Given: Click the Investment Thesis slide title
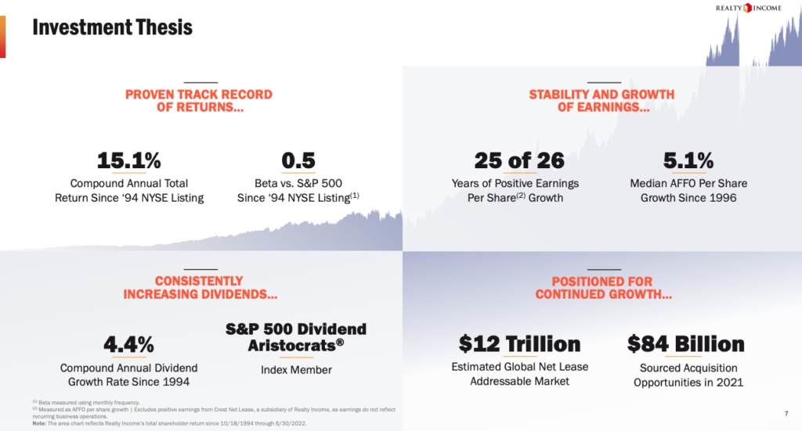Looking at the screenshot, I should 112,28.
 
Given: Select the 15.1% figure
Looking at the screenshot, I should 129,161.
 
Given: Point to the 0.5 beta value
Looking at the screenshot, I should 298,161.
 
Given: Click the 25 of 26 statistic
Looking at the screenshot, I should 519,161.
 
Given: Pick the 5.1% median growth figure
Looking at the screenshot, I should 688,161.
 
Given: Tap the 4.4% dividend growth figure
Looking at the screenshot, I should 128,344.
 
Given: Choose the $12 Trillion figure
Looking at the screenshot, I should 519,344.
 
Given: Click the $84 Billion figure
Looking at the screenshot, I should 686,344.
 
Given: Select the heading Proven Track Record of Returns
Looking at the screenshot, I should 199,101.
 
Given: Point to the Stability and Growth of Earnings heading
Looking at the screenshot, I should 601,101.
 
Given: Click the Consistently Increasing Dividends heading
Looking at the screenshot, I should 199,288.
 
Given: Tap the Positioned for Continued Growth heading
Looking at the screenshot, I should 601,288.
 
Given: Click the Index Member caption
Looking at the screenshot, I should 296,370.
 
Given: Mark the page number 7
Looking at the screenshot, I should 786,413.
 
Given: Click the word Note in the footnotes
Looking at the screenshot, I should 39,423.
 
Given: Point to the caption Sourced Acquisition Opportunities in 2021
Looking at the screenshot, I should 688,375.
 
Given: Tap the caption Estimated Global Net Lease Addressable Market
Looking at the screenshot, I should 519,374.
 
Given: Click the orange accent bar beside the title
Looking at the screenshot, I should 2,37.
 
